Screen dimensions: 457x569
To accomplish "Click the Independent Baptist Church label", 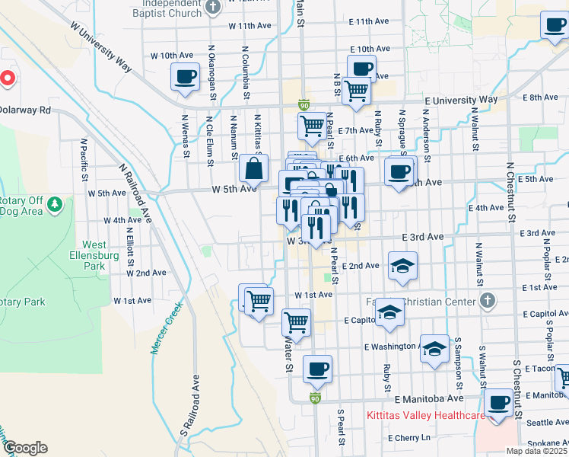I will coord(166,8).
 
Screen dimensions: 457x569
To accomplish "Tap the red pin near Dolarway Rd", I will coord(8,78).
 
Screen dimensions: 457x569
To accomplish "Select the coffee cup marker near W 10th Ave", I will coord(186,76).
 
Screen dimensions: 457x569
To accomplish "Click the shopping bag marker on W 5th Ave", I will coord(254,168).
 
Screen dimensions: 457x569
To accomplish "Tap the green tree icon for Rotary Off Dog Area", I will coord(54,204).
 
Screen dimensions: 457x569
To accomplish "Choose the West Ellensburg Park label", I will coord(94,255).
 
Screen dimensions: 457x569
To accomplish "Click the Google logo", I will coord(26,448).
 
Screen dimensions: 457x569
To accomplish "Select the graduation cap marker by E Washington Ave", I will coord(434,349).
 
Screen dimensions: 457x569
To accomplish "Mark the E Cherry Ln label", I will coord(408,438).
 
